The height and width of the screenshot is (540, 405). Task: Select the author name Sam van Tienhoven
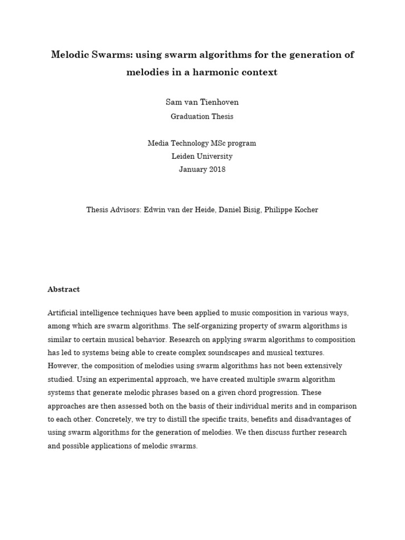click(202, 102)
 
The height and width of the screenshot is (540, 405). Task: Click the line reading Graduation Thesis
click(202, 117)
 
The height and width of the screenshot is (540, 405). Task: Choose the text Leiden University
click(202, 156)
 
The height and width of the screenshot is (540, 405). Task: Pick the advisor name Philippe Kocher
click(296, 209)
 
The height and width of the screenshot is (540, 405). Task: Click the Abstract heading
click(64, 289)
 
